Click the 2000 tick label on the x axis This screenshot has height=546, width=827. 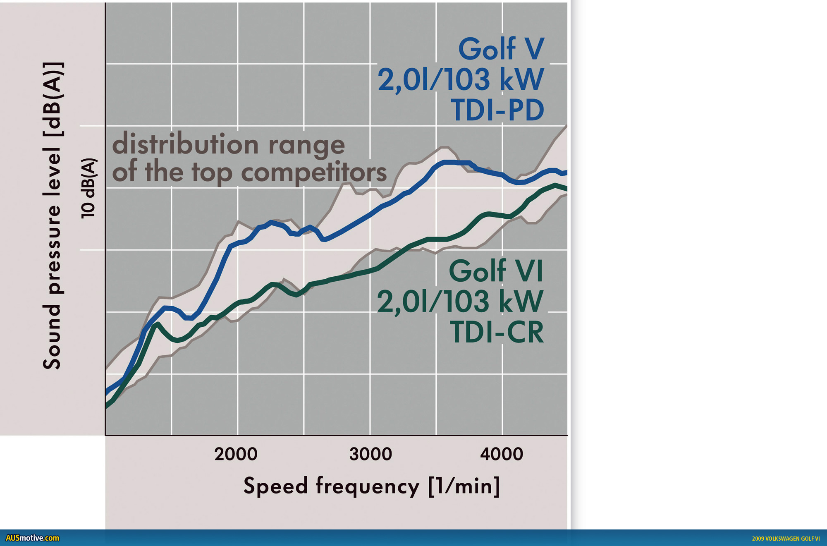click(x=236, y=454)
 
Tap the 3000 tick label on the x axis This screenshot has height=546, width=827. click(x=370, y=454)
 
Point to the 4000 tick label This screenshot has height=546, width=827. click(x=502, y=454)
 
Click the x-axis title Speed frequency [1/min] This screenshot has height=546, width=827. click(x=371, y=486)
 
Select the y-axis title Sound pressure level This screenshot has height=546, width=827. click(x=53, y=215)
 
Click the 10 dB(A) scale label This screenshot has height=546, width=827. click(x=88, y=188)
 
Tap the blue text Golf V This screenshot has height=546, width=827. click(x=501, y=49)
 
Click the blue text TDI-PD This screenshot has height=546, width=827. click(x=497, y=110)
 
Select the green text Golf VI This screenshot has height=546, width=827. click(x=496, y=271)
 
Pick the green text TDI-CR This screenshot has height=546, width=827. click(x=497, y=333)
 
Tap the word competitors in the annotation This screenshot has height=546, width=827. click(x=314, y=172)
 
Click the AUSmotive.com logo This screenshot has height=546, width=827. click(x=32, y=538)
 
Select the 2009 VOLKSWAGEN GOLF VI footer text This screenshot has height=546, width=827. click(x=786, y=539)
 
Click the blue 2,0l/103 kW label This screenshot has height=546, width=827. click(x=461, y=79)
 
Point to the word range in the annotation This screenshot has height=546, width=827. click(x=306, y=146)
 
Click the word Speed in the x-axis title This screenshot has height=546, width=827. click(x=275, y=486)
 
